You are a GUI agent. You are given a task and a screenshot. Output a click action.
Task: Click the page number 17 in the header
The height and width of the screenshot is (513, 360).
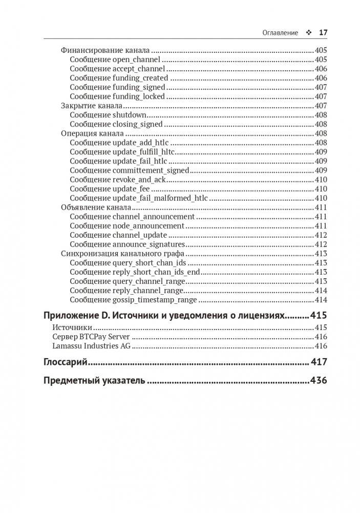click(x=323, y=32)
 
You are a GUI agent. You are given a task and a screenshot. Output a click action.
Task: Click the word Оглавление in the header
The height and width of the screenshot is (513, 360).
click(x=280, y=32)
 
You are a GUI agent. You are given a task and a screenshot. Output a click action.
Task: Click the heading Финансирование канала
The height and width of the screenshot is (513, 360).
click(x=105, y=50)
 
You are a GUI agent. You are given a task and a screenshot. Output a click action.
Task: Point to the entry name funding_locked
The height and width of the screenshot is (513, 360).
click(x=138, y=96)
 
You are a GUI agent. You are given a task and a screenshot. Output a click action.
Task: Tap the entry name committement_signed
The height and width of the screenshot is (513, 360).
click(x=151, y=170)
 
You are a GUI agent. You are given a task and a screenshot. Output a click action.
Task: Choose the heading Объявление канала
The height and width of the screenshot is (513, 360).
click(x=96, y=207)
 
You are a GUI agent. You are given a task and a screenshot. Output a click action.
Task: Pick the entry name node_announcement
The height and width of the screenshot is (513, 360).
click(x=148, y=225)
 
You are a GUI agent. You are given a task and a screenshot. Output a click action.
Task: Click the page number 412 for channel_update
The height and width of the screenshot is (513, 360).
click(x=321, y=235)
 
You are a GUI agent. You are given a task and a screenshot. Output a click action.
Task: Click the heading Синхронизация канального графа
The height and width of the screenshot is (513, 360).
click(x=122, y=253)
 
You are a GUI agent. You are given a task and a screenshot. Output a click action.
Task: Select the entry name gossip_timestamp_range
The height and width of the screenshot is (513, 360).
click(x=154, y=299)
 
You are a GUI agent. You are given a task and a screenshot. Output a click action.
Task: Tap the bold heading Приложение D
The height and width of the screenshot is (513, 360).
click(x=81, y=315)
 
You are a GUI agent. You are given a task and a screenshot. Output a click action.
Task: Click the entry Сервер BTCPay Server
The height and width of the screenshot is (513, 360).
click(x=91, y=337)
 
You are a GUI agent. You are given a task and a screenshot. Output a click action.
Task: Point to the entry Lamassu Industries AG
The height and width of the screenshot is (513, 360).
click(x=92, y=346)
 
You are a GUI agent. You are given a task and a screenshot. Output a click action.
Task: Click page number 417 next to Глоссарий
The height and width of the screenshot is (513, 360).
click(x=319, y=362)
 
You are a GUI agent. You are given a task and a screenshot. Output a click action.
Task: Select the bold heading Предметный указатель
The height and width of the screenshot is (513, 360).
click(x=94, y=381)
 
